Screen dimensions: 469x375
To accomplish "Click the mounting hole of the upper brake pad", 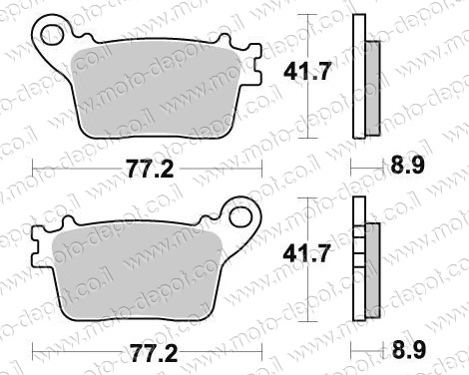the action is [x=52, y=35].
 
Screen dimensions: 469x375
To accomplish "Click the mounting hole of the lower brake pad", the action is [x=240, y=216].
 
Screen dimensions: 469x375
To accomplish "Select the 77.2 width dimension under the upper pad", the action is [x=150, y=169].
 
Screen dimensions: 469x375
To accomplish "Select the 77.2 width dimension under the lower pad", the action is [x=153, y=353].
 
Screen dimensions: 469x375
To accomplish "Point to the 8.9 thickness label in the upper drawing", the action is [x=407, y=166].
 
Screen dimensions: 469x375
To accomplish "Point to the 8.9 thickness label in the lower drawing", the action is [x=409, y=349].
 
